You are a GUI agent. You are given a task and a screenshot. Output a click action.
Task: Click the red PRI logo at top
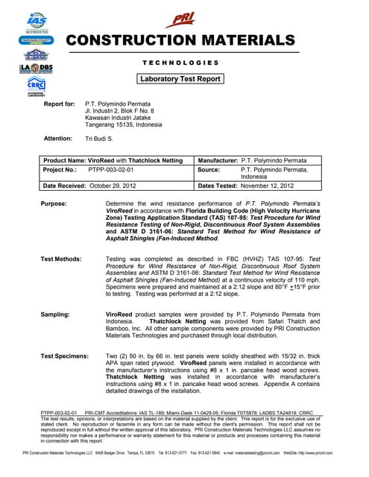(x=182, y=19)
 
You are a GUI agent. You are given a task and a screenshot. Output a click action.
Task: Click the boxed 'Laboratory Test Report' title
(x=181, y=78)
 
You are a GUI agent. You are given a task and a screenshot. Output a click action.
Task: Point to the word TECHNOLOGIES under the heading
(x=181, y=63)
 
